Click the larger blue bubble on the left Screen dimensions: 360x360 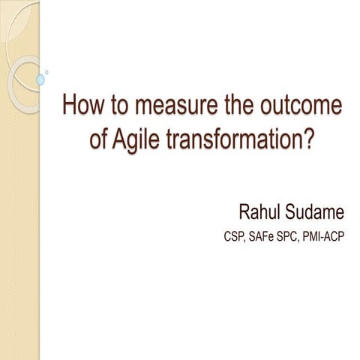coord(40,79)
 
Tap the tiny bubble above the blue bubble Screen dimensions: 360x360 coord(47,72)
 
